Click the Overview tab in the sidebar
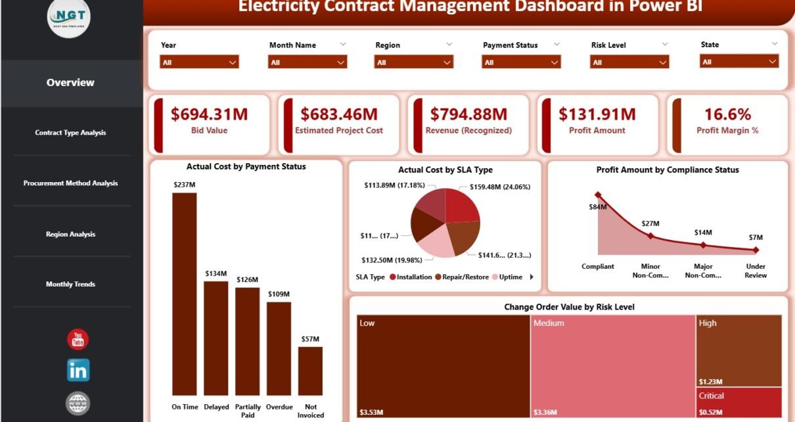click(70, 83)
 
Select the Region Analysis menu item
click(70, 234)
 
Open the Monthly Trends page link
click(70, 284)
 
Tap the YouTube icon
click(78, 339)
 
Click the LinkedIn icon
click(78, 370)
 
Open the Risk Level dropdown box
click(629, 62)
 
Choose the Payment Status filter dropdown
click(521, 62)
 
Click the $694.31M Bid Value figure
click(209, 114)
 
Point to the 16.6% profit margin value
click(727, 114)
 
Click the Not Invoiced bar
click(310, 371)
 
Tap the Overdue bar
click(279, 348)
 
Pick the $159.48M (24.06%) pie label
click(500, 187)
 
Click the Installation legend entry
click(412, 277)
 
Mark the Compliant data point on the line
click(598, 195)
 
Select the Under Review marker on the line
click(756, 250)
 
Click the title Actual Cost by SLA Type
click(445, 170)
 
